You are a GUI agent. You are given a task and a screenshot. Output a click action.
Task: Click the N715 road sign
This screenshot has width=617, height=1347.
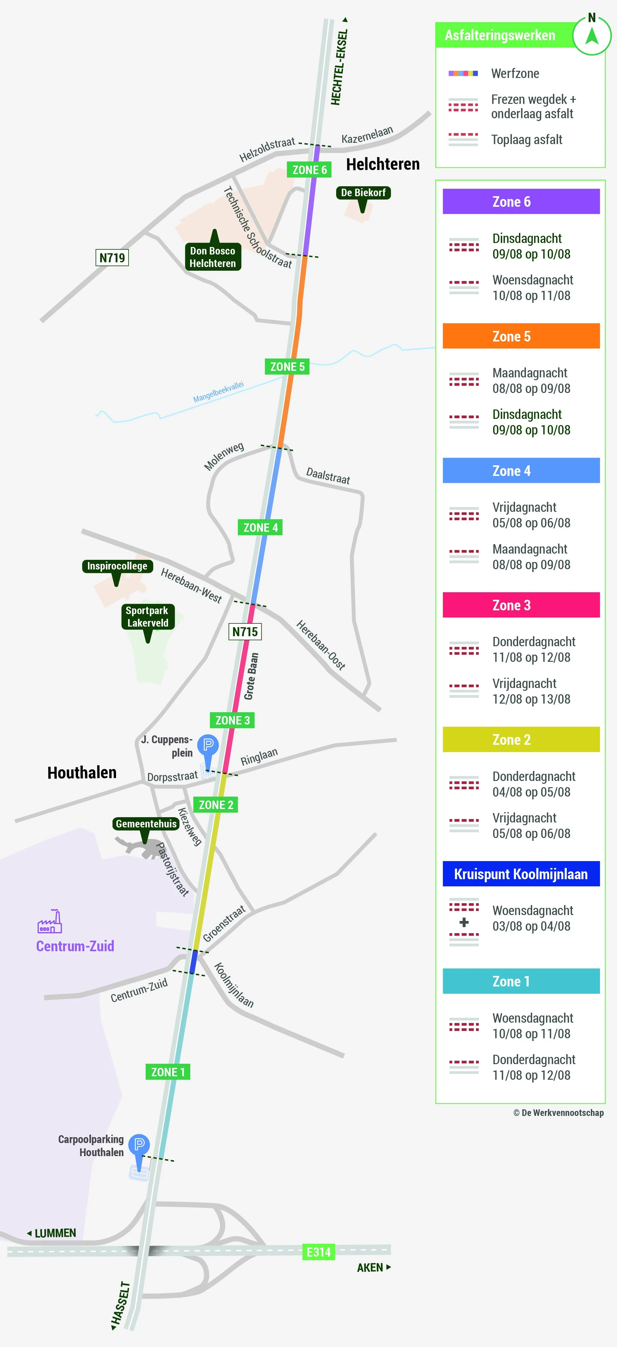click(x=245, y=631)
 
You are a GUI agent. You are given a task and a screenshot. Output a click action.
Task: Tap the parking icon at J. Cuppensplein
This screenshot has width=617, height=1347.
click(x=208, y=745)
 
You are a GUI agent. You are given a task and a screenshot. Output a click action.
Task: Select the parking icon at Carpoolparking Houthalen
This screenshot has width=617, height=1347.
click(x=139, y=1145)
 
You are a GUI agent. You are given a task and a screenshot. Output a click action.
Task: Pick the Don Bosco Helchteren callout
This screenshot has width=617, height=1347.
click(x=213, y=257)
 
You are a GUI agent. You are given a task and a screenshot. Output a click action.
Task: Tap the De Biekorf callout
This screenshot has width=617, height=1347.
click(x=363, y=193)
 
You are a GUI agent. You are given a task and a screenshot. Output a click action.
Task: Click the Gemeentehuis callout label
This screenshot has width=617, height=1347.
click(x=146, y=824)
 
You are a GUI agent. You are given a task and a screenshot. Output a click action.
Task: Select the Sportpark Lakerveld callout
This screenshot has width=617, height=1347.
click(x=148, y=617)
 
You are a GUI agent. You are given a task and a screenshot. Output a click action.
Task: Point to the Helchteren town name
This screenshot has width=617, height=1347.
click(x=383, y=164)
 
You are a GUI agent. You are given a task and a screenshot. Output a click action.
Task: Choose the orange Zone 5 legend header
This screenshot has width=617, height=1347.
click(x=521, y=336)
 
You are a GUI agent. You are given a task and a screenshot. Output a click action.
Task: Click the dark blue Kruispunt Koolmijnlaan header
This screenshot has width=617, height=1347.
click(x=521, y=874)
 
